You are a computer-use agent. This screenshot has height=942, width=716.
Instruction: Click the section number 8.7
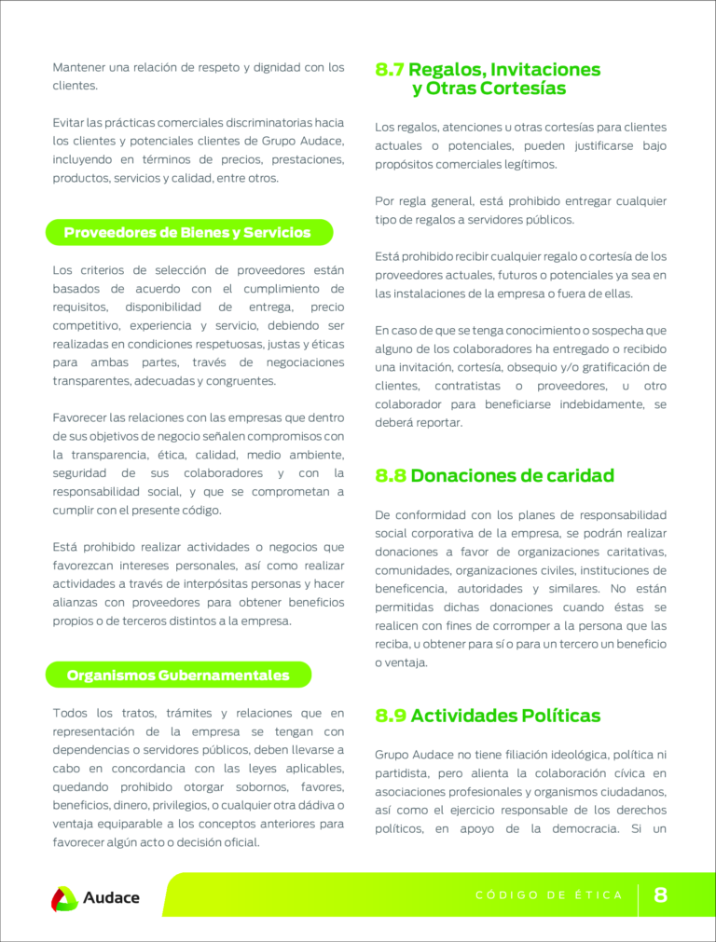point(390,70)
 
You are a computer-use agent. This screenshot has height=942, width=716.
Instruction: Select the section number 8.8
point(391,476)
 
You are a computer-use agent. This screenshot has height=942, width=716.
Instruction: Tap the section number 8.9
point(391,717)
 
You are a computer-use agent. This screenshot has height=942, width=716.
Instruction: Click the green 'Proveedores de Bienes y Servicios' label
point(187,233)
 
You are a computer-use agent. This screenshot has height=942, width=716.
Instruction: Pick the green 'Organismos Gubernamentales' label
point(178,675)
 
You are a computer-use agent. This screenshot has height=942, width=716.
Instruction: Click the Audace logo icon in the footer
point(64,898)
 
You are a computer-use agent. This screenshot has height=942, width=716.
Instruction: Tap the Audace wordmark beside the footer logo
point(111,898)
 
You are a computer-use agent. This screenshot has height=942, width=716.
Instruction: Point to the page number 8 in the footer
point(661,895)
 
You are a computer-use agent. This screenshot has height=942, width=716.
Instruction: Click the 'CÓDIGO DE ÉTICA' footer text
point(549,895)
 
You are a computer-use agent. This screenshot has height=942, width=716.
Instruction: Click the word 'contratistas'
point(469,386)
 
